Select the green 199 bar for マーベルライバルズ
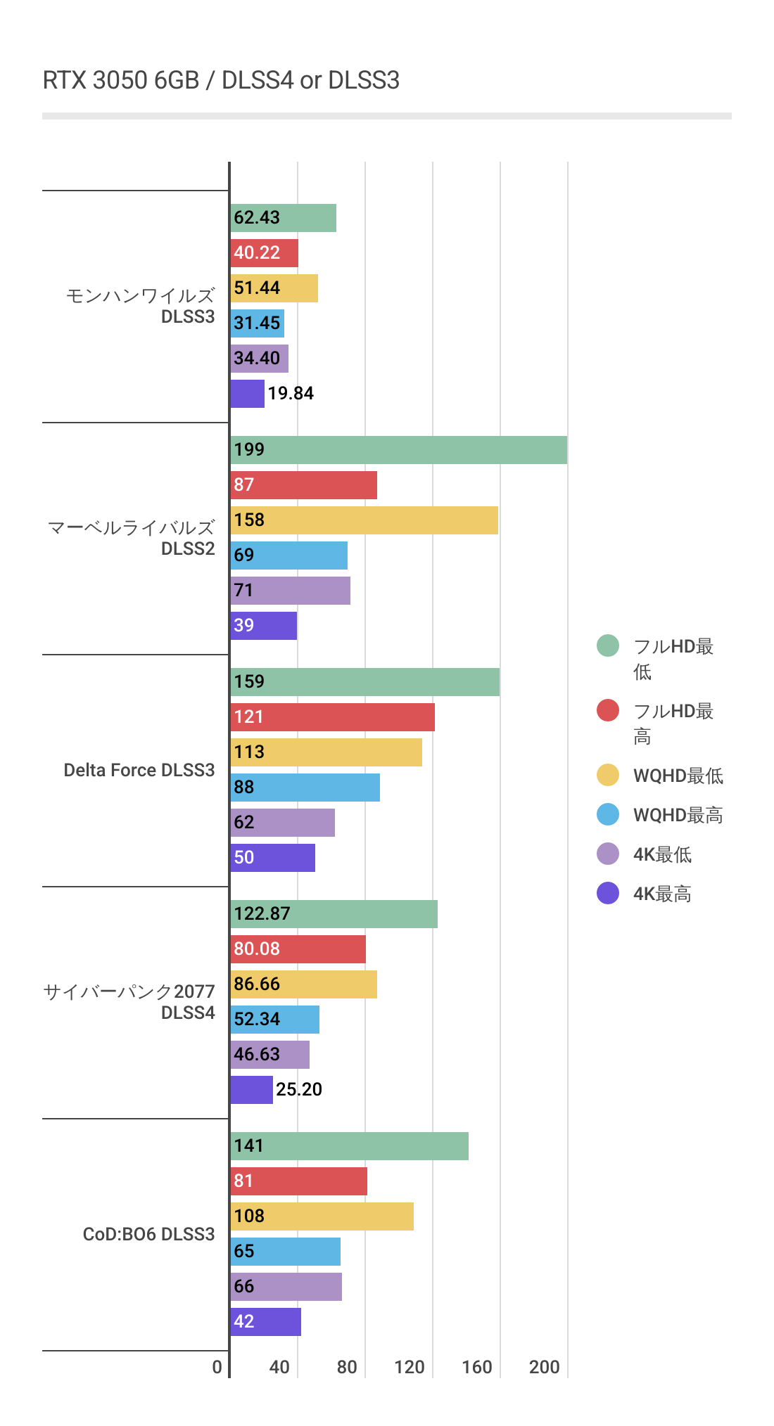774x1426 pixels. [398, 450]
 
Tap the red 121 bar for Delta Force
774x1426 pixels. [332, 717]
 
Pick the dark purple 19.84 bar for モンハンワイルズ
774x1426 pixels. [248, 394]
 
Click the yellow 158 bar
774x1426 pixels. [364, 520]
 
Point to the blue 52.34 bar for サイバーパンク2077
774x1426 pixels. [274, 1020]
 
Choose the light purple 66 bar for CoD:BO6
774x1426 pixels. [286, 1287]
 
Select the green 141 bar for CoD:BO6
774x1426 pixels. [349, 1146]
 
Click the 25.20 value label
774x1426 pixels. [299, 1090]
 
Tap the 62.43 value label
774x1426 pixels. [257, 218]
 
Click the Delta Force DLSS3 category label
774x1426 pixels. [139, 770]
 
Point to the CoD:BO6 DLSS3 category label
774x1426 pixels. [148, 1234]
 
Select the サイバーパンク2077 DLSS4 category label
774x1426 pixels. [129, 1002]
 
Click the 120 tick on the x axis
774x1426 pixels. [409, 1367]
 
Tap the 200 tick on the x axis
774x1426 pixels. [544, 1367]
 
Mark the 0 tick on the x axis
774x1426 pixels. [217, 1367]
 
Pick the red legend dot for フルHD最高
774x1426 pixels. [608, 710]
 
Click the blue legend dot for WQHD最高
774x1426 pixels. [608, 814]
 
